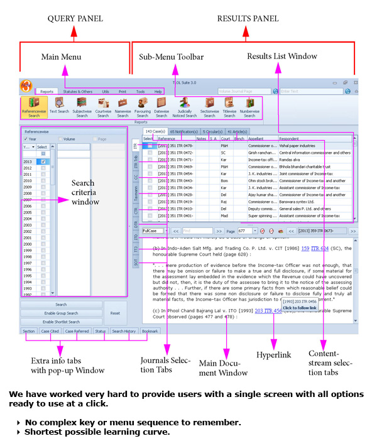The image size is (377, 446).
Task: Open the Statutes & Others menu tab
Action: pos(78,91)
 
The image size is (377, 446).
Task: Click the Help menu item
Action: pos(158,91)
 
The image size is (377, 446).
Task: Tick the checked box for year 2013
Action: pos(43,161)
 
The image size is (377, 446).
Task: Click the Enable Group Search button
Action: pos(61,313)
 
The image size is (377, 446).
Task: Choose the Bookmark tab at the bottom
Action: pos(150,330)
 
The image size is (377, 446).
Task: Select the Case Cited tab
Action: pos(50,330)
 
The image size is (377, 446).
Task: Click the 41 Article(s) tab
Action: pos(238,131)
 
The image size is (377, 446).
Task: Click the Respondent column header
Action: pos(289,138)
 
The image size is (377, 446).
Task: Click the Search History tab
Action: pos(123,330)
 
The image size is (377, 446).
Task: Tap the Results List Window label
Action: pos(281,56)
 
